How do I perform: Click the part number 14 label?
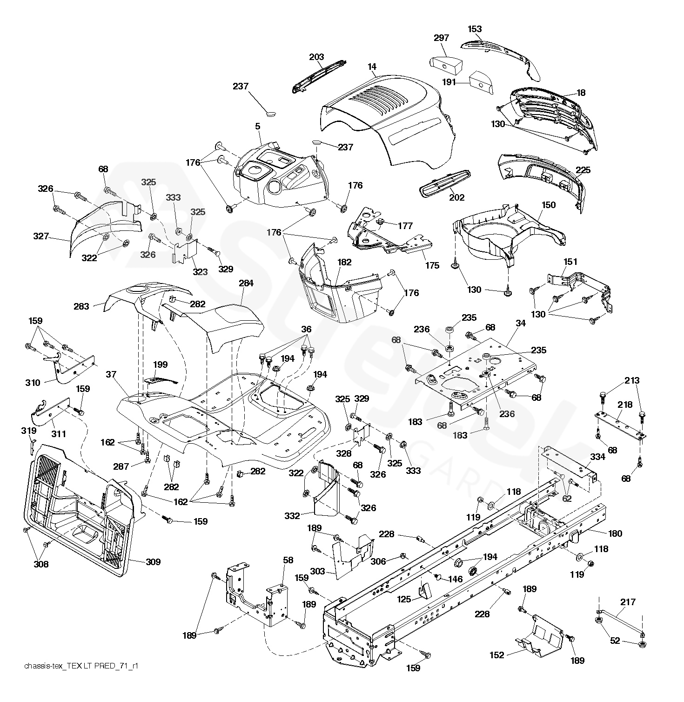(x=372, y=67)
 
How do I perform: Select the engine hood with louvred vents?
(x=387, y=121)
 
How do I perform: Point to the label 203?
(x=316, y=57)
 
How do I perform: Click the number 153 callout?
(x=475, y=29)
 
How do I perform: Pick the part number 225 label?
(x=583, y=170)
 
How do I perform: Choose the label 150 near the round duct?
(x=549, y=205)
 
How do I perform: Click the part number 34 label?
(x=521, y=323)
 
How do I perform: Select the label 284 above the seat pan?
(x=246, y=283)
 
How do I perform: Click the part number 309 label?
(x=153, y=562)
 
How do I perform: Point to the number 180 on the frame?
(x=615, y=533)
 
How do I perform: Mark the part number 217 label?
(x=628, y=602)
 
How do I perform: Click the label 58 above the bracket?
(x=288, y=560)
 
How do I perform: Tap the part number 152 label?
(x=497, y=655)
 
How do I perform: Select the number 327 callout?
(x=41, y=236)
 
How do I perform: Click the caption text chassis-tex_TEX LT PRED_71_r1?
(x=82, y=667)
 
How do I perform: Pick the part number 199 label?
(x=160, y=364)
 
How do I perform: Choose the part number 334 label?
(x=597, y=457)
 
